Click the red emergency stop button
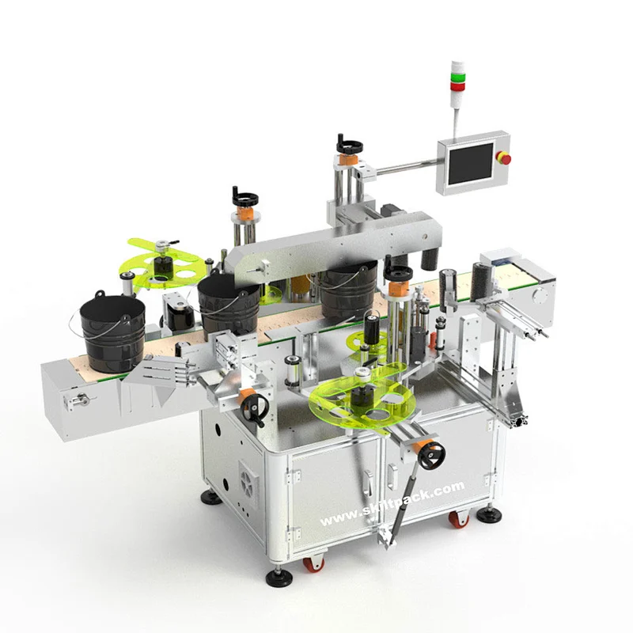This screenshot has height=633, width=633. [x=504, y=158]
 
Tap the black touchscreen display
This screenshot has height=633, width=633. [x=471, y=163]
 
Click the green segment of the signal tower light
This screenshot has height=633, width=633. [x=457, y=76]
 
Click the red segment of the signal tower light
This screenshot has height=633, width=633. [x=457, y=86]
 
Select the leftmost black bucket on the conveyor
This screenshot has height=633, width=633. [x=112, y=332]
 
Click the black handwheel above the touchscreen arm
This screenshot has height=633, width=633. [x=349, y=145]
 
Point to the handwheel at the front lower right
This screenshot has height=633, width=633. [x=431, y=456]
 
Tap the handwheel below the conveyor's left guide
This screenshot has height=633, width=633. [x=255, y=407]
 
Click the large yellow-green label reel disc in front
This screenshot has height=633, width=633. [x=361, y=400]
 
